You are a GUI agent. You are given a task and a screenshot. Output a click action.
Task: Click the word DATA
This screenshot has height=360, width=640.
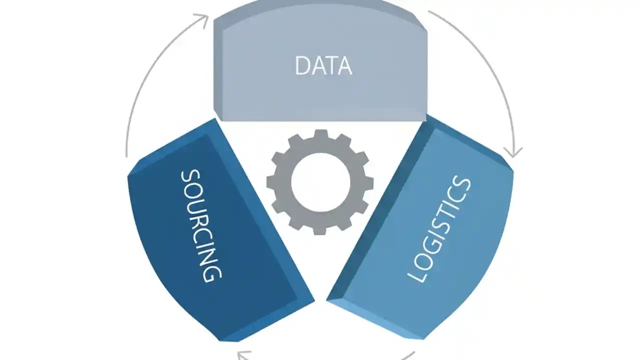coord(323,66)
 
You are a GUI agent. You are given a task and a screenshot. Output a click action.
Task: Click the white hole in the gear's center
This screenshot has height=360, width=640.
coord(319,181)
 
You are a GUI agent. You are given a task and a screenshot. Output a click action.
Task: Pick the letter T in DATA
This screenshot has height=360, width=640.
coord(330,66)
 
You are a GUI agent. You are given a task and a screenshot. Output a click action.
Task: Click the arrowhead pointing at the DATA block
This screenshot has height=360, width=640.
coord(202,19)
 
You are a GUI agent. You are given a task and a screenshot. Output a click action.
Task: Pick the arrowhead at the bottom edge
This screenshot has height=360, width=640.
coord(243,356)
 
